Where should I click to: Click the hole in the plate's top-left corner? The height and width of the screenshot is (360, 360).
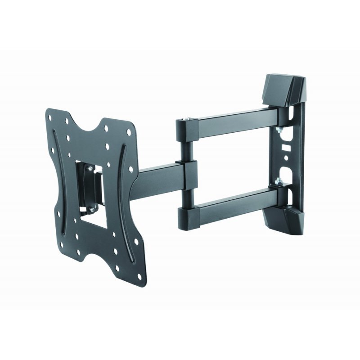pyautogui.click(x=53, y=115)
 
